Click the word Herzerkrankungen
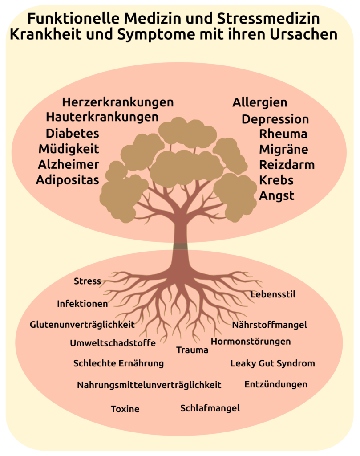click(117, 102)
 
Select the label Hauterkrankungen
click(102, 118)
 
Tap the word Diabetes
click(72, 134)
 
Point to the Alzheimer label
click(68, 165)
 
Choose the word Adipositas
click(67, 180)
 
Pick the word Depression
click(275, 119)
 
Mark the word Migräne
click(283, 149)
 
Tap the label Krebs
click(276, 180)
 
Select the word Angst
click(276, 196)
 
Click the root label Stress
click(87, 281)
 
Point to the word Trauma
click(192, 350)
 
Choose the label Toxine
click(125, 409)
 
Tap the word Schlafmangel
click(210, 408)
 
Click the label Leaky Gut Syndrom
click(272, 363)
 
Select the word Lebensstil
click(273, 294)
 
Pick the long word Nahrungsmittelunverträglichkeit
click(149, 385)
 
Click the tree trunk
click(181, 240)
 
